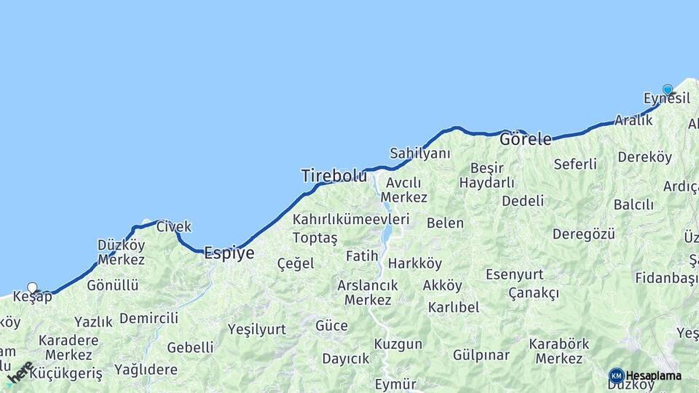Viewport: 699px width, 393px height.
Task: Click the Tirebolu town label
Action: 334,175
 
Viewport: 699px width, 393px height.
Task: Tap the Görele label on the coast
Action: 525,139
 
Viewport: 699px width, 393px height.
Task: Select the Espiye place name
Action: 229,253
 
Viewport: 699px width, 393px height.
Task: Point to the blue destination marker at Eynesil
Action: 668,90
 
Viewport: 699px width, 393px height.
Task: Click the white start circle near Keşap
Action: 32,287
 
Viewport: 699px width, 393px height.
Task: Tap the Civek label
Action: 173,226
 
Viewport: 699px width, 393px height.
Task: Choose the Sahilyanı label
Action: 420,154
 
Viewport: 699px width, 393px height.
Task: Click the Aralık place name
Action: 633,120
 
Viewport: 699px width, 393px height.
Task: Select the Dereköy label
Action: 644,156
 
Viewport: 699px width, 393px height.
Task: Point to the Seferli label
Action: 575,164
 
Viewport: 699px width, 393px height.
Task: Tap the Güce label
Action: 331,325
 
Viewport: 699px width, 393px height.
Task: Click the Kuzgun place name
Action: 398,344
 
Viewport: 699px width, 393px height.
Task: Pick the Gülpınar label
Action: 481,354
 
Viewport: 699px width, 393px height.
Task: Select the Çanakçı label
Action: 534,293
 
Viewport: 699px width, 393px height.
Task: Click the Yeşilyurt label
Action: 257,329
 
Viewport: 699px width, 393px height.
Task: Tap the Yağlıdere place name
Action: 146,370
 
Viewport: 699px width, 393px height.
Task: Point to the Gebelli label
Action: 191,347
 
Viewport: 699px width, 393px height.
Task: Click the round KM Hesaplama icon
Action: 617,376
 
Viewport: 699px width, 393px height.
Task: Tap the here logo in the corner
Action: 20,372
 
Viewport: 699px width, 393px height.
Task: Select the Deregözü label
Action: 584,234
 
